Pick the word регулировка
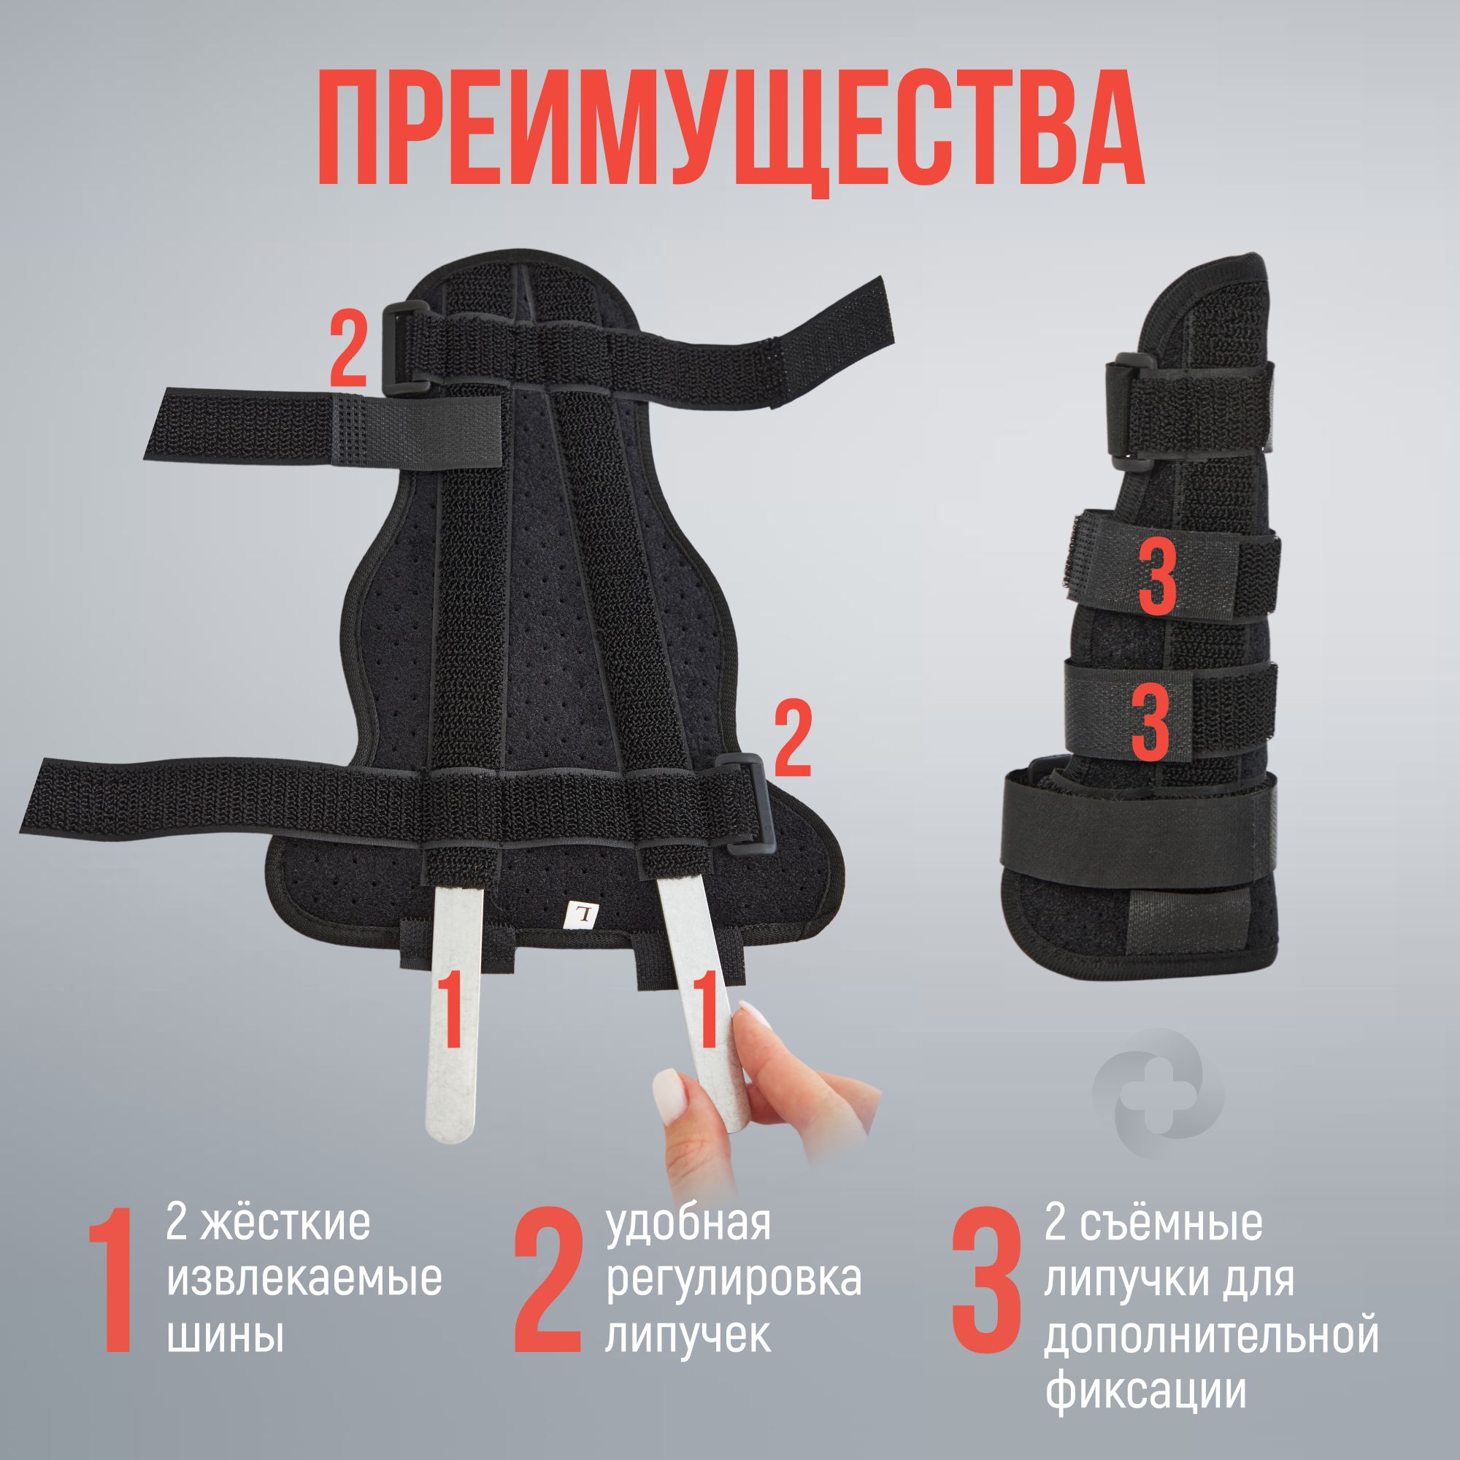pyautogui.click(x=734, y=1280)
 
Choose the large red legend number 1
pyautogui.click(x=111, y=1280)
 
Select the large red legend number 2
pyautogui.click(x=550, y=1280)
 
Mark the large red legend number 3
pyautogui.click(x=987, y=1280)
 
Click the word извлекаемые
pyautogui.click(x=304, y=1279)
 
